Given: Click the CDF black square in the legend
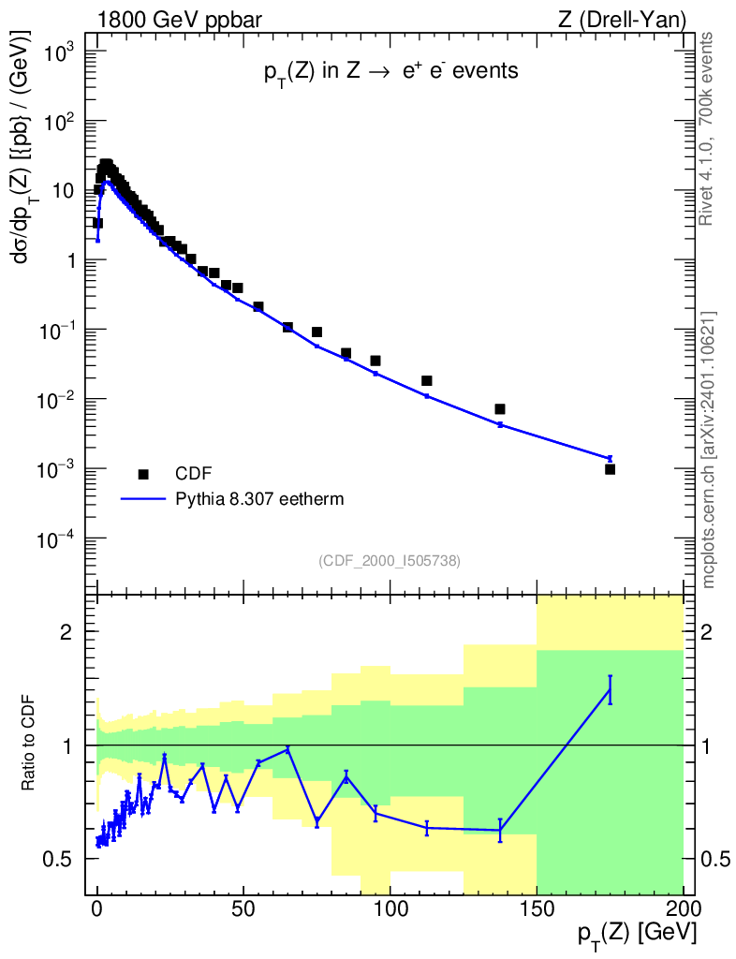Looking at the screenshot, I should [143, 473].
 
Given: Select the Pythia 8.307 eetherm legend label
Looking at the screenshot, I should [259, 499].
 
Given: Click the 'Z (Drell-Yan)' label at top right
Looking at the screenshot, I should [630, 18].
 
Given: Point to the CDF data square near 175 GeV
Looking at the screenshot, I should [610, 469].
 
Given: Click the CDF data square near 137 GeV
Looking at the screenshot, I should [500, 409].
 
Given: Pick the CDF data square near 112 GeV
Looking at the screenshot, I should [427, 380].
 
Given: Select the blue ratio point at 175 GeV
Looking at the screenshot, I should [610, 689].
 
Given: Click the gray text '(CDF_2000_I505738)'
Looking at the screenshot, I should [390, 560].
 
